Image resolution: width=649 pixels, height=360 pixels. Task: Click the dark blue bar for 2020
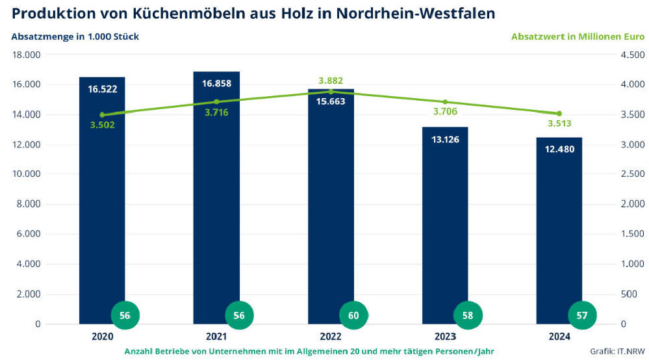click(102, 208)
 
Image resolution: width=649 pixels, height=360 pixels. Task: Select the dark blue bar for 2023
click(445, 227)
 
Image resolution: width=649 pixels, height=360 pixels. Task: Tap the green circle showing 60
click(353, 315)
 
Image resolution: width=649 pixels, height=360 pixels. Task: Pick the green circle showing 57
click(582, 315)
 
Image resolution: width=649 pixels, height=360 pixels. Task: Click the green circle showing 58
click(468, 315)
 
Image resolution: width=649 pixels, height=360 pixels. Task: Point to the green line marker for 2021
click(216, 101)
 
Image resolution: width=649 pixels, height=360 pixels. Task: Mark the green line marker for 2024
click(559, 114)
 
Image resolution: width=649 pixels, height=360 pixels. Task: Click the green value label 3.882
click(331, 81)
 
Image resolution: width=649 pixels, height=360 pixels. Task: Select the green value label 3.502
click(102, 125)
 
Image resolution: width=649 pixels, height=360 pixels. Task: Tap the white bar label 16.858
click(216, 84)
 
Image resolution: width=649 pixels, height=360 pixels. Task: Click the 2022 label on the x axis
click(331, 337)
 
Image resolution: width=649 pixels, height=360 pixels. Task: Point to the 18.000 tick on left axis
click(26, 55)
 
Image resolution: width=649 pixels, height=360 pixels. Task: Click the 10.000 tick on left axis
click(26, 174)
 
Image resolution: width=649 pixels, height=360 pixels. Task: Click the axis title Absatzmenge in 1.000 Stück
click(75, 36)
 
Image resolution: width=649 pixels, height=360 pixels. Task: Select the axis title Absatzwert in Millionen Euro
click(578, 36)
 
